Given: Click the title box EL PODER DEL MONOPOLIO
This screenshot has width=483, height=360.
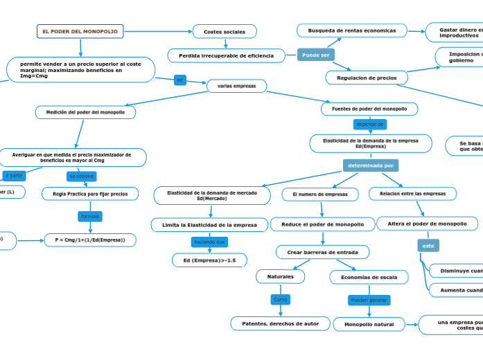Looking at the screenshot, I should (80, 31).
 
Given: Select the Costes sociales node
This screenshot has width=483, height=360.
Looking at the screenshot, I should (225, 31).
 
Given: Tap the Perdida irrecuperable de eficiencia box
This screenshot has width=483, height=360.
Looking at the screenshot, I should (226, 55).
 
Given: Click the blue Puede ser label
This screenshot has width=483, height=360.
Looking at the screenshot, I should (315, 55).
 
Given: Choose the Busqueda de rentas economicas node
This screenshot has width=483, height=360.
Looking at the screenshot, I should (352, 30).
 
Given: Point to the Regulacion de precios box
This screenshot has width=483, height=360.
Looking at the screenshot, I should (366, 78).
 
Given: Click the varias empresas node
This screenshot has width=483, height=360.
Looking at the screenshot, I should (236, 86).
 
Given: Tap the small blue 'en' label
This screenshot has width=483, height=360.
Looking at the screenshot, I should (180, 80).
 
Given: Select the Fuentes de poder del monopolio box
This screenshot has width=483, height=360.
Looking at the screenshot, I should (369, 109).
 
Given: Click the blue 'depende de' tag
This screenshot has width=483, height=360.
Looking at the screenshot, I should (369, 124).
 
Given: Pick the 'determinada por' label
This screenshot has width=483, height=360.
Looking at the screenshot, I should (370, 165).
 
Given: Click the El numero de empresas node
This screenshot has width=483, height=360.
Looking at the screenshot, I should (320, 195).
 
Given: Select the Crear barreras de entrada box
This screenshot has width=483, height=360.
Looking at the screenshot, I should (322, 252).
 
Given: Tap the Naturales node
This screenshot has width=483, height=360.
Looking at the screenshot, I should (280, 276).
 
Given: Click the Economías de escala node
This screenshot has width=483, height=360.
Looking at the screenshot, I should (369, 277).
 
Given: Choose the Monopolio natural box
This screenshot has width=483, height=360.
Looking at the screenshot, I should (369, 324).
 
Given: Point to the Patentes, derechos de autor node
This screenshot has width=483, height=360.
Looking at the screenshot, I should (280, 323).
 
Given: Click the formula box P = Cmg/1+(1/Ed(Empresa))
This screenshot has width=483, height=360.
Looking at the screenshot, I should (90, 240).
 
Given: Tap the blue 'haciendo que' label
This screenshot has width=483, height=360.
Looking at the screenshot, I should (209, 242).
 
